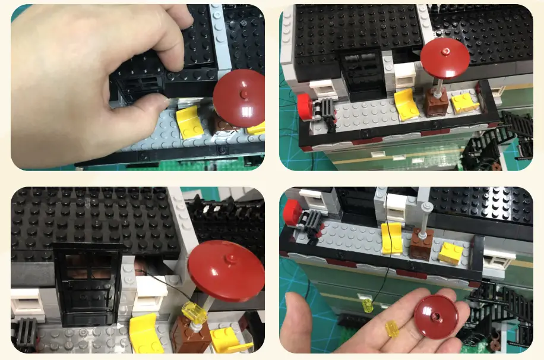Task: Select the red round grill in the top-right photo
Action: [305, 106]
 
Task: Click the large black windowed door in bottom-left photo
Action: [88, 283]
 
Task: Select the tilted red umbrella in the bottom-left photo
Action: [226, 271]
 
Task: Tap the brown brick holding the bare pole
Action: [421, 244]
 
